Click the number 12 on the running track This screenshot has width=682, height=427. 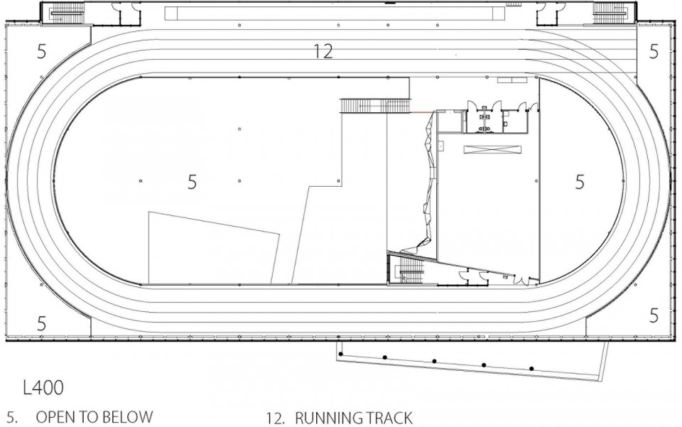(323, 51)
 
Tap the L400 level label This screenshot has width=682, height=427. (43, 387)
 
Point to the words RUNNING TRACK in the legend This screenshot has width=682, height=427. (353, 418)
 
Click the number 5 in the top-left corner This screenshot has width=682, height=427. (41, 52)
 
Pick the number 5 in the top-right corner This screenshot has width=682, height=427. (654, 51)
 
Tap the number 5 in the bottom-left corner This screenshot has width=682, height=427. (41, 323)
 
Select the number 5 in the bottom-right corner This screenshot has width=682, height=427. (654, 315)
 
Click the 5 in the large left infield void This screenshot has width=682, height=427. (192, 182)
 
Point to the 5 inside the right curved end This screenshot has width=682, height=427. (580, 182)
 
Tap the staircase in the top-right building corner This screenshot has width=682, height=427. (611, 13)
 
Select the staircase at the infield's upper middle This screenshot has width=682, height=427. (375, 106)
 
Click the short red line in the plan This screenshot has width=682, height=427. (421, 112)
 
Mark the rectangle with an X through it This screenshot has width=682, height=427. (492, 149)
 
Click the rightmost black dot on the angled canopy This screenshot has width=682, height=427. (531, 369)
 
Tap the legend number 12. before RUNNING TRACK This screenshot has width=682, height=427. (276, 418)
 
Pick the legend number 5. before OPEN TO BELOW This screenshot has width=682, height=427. (12, 417)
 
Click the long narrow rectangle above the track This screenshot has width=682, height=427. (335, 13)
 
